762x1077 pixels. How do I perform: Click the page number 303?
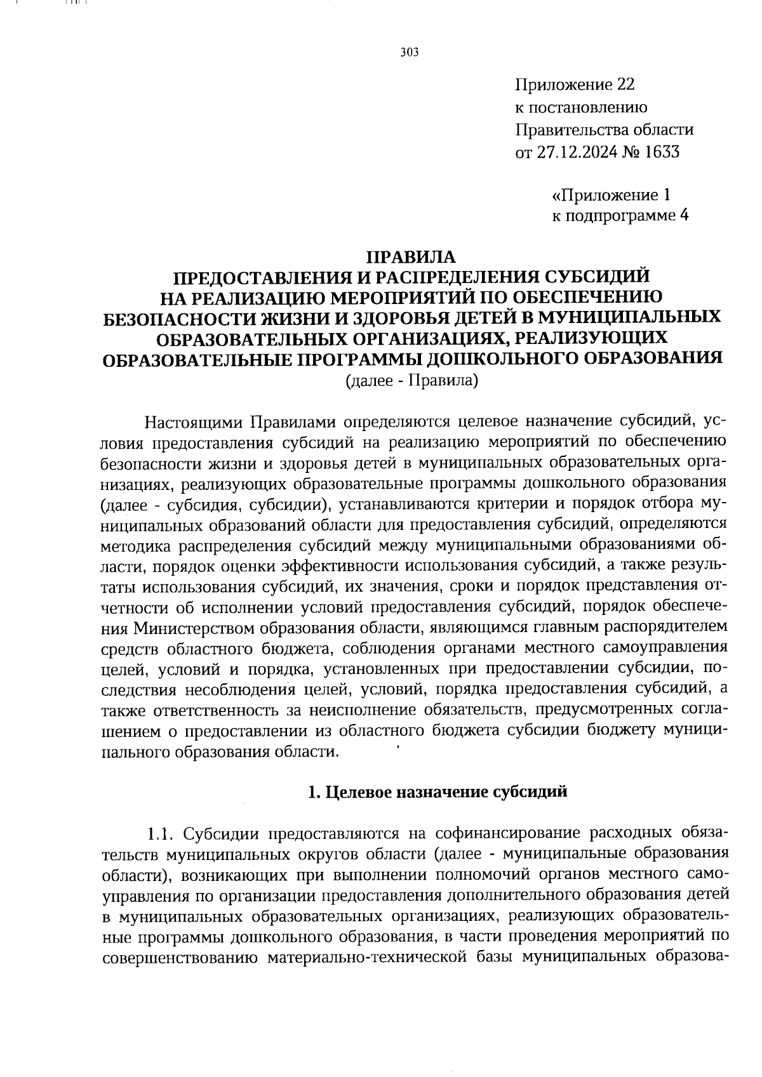(410, 53)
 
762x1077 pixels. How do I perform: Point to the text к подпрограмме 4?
(620, 216)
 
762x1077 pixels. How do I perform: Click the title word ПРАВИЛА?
(411, 257)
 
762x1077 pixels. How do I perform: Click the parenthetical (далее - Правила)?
(411, 380)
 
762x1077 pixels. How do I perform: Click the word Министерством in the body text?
(190, 628)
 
